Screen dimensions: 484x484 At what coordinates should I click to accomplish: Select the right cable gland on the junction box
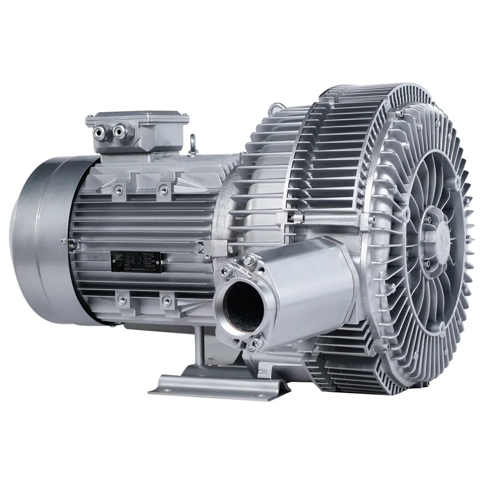point(118,130)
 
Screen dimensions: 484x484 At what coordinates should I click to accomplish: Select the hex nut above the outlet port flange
point(248,262)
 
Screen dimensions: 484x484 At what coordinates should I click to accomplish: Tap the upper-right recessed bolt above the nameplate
point(165,188)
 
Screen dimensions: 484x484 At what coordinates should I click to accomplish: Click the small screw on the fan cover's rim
point(63,241)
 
